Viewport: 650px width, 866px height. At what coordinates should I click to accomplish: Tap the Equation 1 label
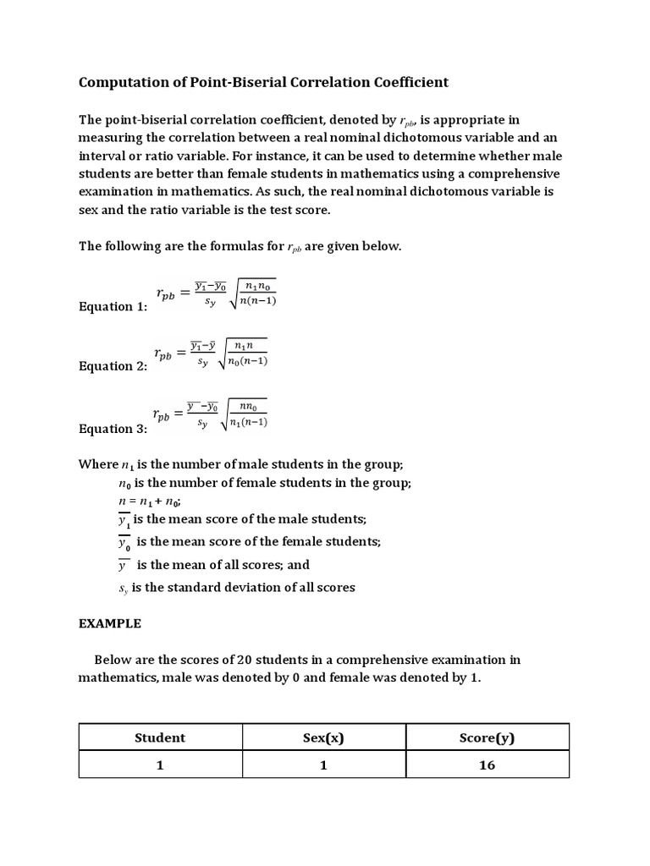pos(113,306)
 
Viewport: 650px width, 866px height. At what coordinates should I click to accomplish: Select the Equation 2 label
pos(113,366)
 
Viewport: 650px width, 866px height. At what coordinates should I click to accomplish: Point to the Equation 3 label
pos(113,429)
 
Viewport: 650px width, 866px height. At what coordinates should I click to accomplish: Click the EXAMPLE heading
pos(110,624)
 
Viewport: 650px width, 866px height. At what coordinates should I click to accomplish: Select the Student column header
pos(160,737)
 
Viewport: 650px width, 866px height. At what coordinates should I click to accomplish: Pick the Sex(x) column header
pos(323,737)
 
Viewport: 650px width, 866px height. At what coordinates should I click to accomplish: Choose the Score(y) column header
pos(487,737)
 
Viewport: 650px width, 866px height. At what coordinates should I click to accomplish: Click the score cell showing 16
pos(487,765)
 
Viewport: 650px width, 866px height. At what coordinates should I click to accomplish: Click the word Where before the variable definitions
pos(99,464)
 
